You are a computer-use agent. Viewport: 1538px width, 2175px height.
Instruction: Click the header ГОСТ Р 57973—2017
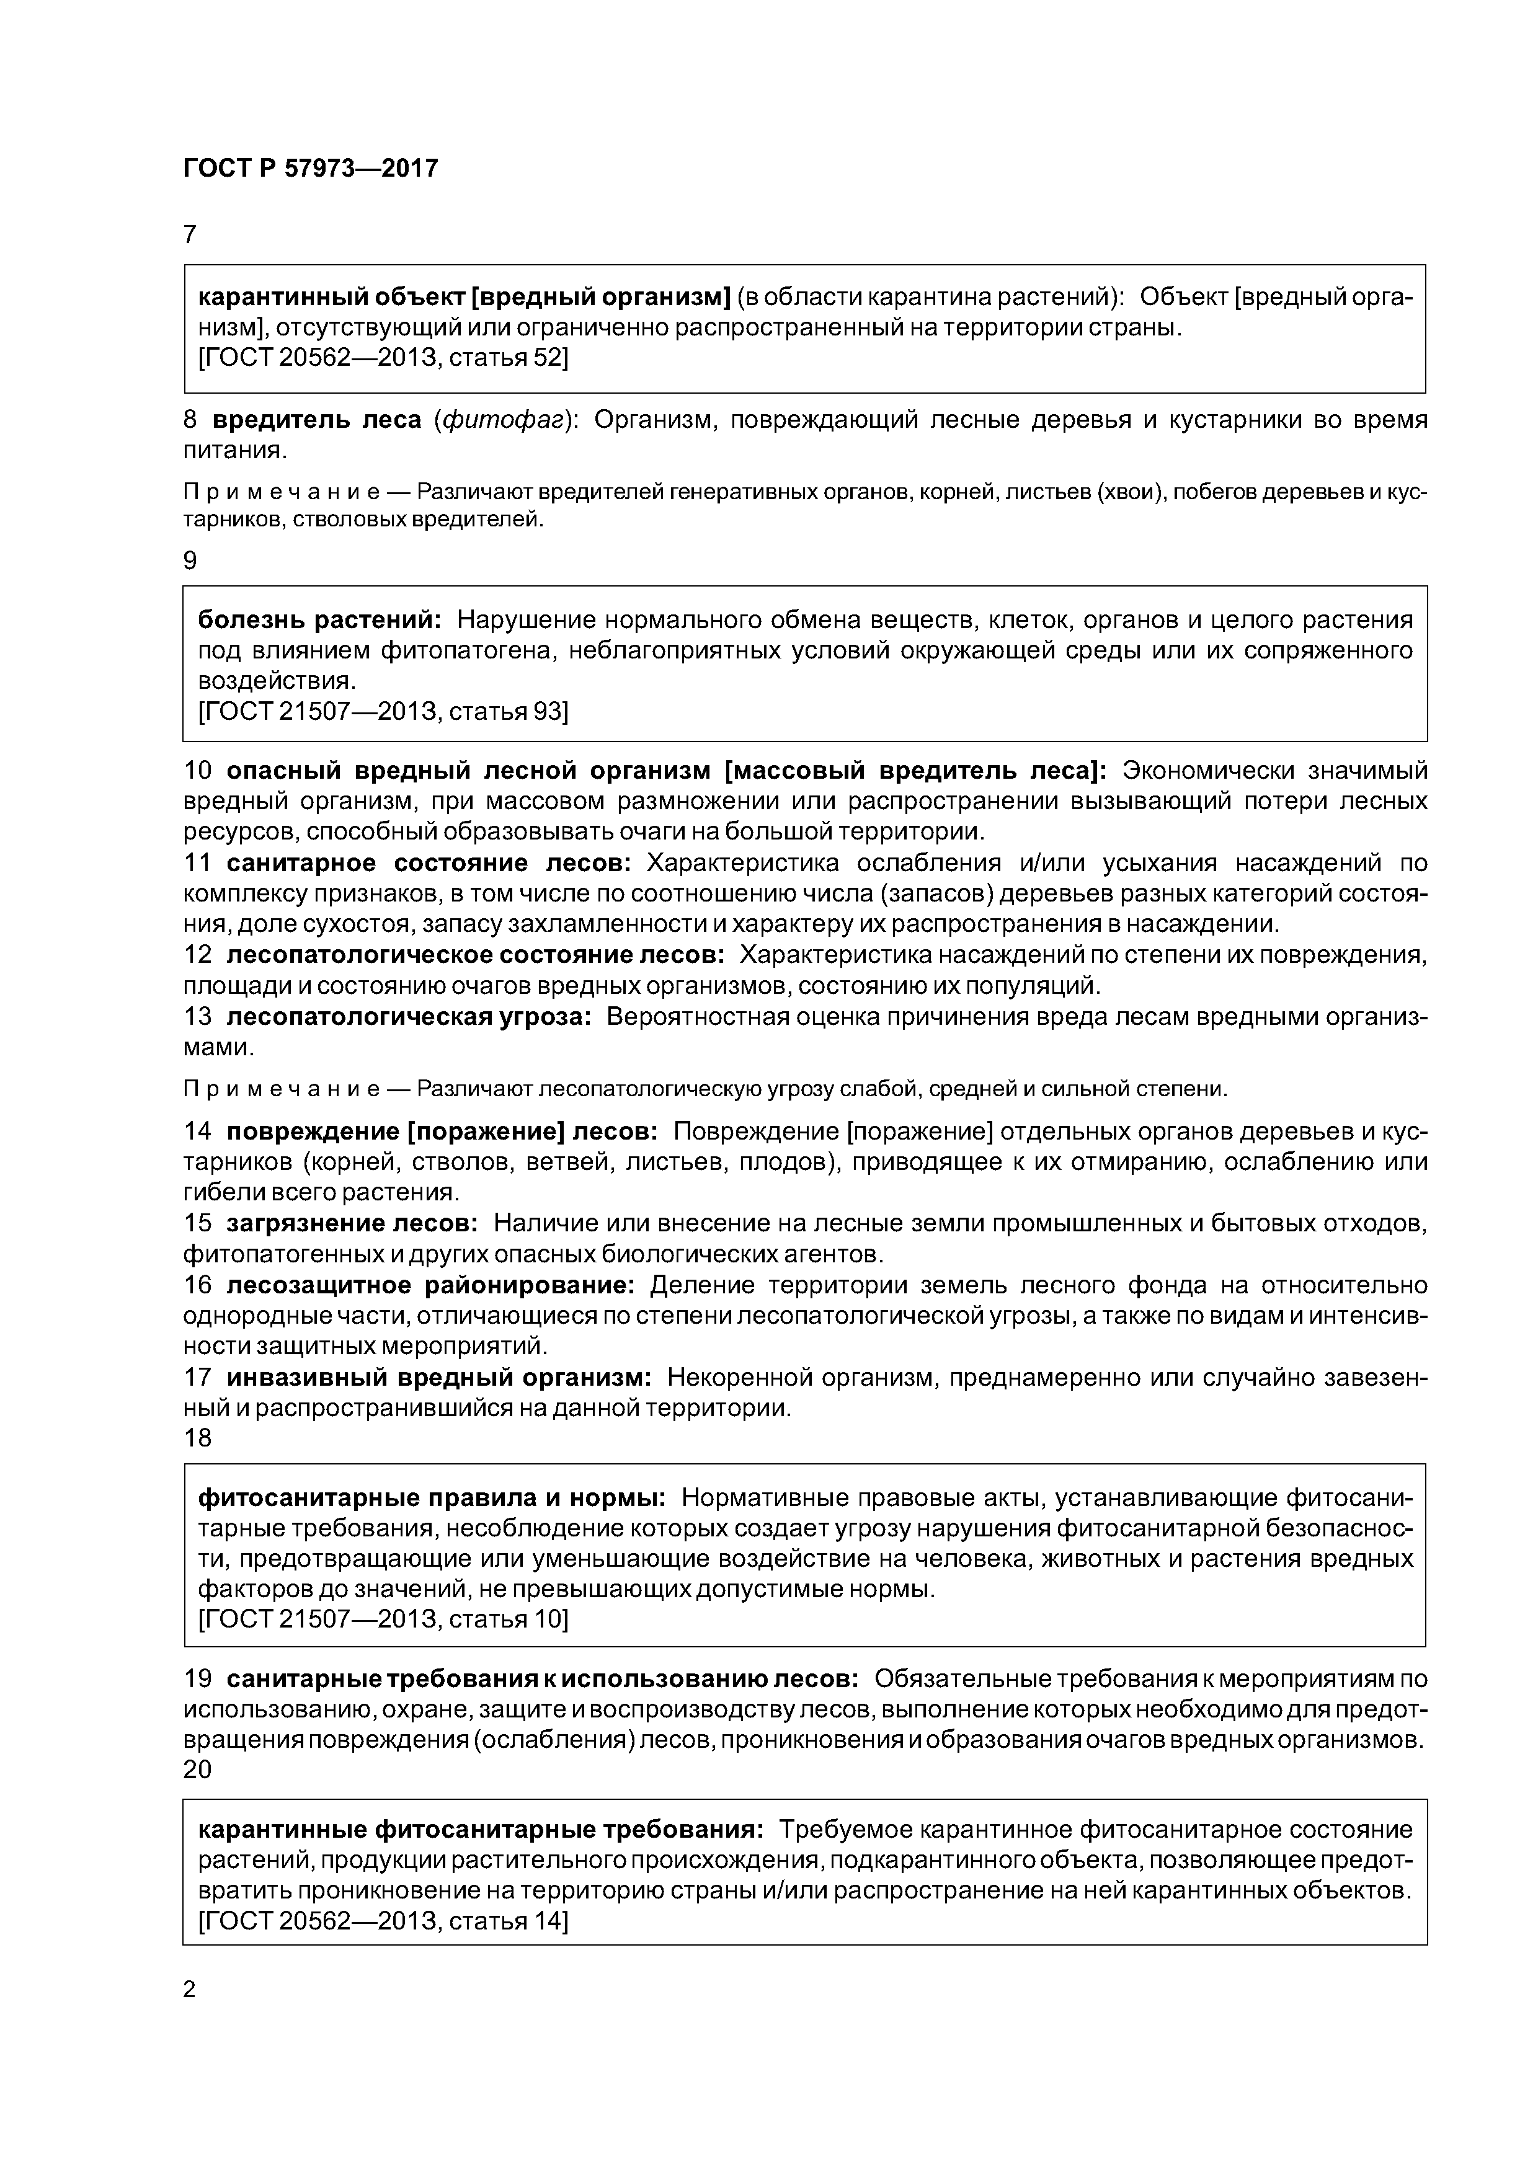click(310, 169)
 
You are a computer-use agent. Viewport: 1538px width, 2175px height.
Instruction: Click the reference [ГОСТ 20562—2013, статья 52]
click(383, 358)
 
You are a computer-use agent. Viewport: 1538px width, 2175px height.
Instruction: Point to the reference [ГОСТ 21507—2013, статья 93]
click(383, 711)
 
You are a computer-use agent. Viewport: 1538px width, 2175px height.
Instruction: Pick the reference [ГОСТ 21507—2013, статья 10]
click(383, 1619)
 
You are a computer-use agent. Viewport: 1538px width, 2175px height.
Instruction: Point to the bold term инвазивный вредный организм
click(438, 1378)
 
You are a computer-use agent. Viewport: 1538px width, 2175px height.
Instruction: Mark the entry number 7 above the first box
click(190, 234)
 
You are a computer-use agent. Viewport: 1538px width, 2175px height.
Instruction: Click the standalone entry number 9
click(190, 561)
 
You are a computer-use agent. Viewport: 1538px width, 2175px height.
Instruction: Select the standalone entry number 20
click(197, 1770)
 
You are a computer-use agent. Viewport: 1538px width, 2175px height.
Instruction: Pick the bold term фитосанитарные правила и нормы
click(431, 1498)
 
